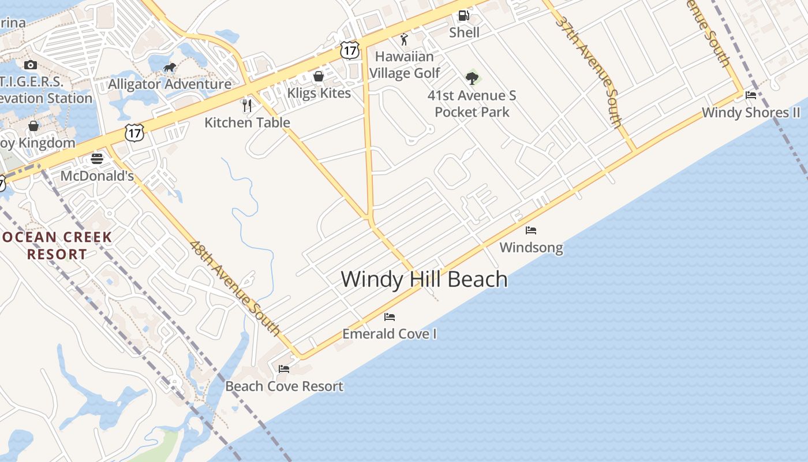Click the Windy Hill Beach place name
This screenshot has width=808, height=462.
tap(424, 280)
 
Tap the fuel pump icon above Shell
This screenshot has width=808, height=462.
tap(463, 16)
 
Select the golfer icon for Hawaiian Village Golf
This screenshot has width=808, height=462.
tap(404, 39)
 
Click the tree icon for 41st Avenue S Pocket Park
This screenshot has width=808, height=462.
tap(472, 78)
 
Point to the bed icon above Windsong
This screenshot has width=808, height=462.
tap(531, 230)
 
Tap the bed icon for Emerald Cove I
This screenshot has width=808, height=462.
tap(390, 317)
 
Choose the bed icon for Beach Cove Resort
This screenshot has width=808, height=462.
tap(284, 369)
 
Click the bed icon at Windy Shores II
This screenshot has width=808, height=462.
tap(751, 95)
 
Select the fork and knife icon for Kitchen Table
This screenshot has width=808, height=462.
tap(247, 105)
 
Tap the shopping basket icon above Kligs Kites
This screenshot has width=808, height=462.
tap(318, 76)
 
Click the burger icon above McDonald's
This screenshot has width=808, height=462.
tap(97, 159)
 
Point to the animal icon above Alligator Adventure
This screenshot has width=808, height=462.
tap(170, 68)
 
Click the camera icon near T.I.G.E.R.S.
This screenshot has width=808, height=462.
tap(31, 65)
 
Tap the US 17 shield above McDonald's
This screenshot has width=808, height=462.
tap(134, 133)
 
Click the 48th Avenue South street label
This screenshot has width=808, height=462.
tap(235, 289)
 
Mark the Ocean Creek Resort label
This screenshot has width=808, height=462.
tap(56, 245)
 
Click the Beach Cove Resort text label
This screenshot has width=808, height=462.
tap(284, 386)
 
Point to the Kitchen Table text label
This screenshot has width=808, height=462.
tap(247, 122)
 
